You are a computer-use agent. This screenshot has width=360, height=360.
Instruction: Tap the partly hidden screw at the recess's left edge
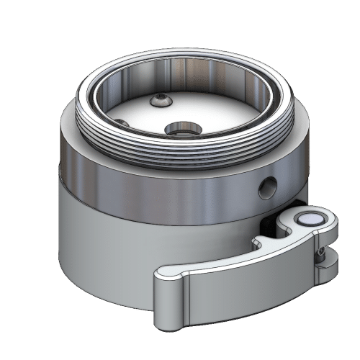click(x=122, y=124)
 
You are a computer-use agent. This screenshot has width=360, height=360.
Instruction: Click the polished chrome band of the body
click(x=158, y=187)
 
